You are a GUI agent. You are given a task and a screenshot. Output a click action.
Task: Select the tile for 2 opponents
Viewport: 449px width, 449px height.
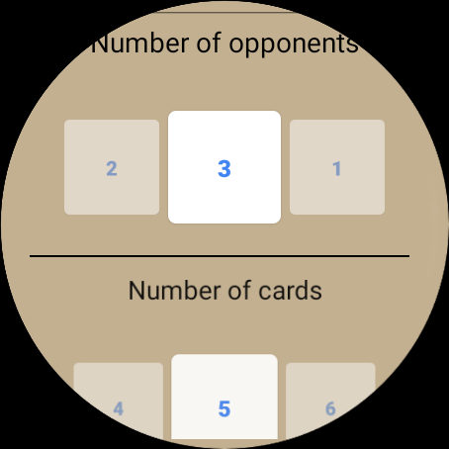(112, 167)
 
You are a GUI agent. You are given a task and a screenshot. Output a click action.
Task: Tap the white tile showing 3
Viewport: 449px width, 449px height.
(224, 167)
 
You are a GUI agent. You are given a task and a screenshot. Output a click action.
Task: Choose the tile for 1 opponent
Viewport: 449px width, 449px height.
(337, 167)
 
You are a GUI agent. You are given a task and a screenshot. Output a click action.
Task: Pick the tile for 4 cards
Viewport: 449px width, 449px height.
(119, 402)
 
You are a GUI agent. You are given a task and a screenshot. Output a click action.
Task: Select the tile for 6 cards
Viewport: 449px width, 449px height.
(330, 402)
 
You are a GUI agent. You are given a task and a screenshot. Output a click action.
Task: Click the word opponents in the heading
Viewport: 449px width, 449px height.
(294, 45)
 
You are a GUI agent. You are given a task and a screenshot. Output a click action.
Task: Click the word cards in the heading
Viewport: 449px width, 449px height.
(290, 291)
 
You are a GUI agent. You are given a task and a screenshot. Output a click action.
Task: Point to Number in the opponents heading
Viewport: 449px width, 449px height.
(140, 43)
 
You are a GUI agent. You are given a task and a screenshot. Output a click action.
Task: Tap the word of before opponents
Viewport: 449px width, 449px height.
(209, 43)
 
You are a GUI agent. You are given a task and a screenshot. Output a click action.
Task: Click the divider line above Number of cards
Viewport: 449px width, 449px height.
(220, 255)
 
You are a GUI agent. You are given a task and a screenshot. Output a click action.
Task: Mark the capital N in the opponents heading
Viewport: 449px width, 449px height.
(100, 44)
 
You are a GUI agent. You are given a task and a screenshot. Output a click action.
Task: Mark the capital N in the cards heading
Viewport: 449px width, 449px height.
(136, 291)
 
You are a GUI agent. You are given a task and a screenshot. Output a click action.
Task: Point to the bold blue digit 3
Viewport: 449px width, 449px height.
(224, 169)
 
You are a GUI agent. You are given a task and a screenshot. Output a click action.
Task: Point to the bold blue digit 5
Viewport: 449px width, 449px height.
(224, 408)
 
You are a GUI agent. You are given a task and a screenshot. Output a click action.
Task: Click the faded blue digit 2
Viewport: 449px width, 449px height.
(112, 169)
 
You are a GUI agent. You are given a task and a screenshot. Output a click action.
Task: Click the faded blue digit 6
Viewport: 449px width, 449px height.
(330, 408)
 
